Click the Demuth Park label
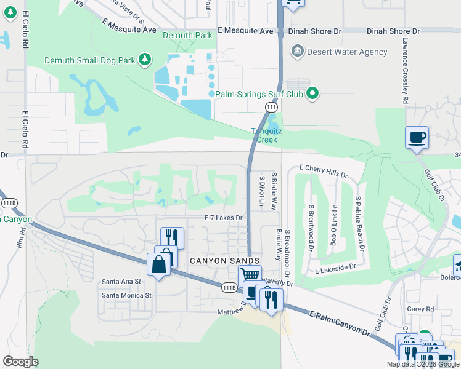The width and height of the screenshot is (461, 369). point(187,36)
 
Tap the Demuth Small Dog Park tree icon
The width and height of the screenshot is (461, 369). point(145,60)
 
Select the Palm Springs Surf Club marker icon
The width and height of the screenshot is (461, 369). point(313,94)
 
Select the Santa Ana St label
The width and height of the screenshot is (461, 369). point(121,282)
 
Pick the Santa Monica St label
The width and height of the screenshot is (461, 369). point(126,295)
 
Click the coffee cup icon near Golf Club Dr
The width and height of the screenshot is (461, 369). point(417,137)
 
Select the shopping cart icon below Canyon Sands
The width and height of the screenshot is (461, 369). point(250,276)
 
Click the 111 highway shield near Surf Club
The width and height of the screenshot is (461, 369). point(270,107)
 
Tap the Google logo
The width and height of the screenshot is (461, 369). point(20,362)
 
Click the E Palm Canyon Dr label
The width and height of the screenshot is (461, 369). point(343,324)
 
